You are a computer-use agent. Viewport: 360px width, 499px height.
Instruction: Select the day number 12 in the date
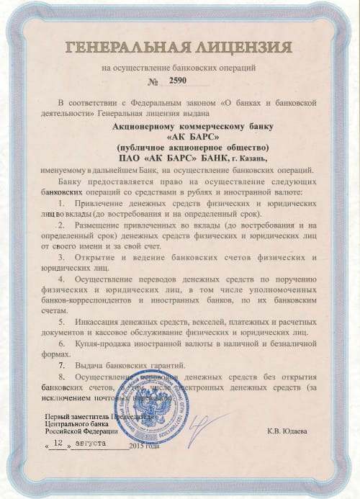click(x=58, y=446)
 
